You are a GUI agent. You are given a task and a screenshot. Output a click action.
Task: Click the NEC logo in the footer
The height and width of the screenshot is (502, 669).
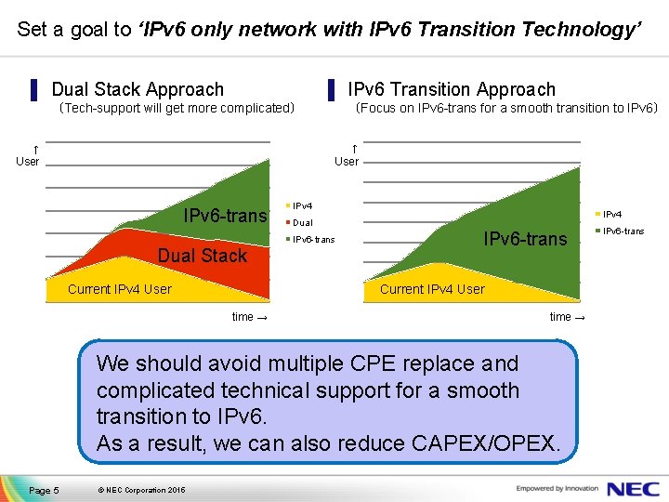click(633, 488)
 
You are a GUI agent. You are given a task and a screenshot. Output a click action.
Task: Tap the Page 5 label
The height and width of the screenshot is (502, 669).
click(44, 490)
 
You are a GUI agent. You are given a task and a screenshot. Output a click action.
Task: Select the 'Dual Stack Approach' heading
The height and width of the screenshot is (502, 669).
click(138, 90)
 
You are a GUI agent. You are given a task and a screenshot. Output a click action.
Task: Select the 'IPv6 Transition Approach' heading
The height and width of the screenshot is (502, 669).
click(451, 90)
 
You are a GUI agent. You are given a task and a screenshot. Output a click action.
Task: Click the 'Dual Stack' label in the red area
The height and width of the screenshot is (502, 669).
click(203, 256)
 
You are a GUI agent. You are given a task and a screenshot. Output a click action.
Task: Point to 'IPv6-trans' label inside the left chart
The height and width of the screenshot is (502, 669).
click(225, 217)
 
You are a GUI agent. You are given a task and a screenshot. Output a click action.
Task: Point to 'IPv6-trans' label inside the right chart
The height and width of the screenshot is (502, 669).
click(525, 240)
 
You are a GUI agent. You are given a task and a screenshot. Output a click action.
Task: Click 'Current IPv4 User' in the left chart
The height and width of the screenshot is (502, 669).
click(120, 289)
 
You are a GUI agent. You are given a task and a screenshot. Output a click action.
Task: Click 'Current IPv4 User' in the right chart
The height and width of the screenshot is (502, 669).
click(432, 289)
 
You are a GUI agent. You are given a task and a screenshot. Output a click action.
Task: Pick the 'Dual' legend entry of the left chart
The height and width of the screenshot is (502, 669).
click(302, 223)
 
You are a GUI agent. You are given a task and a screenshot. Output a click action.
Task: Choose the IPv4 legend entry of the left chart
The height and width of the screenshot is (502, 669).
click(302, 205)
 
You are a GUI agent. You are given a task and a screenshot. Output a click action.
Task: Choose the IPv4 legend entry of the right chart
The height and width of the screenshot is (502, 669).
click(613, 215)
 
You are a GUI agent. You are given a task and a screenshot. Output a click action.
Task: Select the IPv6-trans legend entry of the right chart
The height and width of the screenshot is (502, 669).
click(623, 231)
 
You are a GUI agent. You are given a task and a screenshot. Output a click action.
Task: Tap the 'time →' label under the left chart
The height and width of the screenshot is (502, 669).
click(250, 317)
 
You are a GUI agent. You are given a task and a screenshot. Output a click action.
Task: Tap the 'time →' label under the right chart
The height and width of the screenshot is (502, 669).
click(568, 317)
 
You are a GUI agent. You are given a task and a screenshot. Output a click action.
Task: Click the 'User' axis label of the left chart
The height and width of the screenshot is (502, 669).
click(28, 161)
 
